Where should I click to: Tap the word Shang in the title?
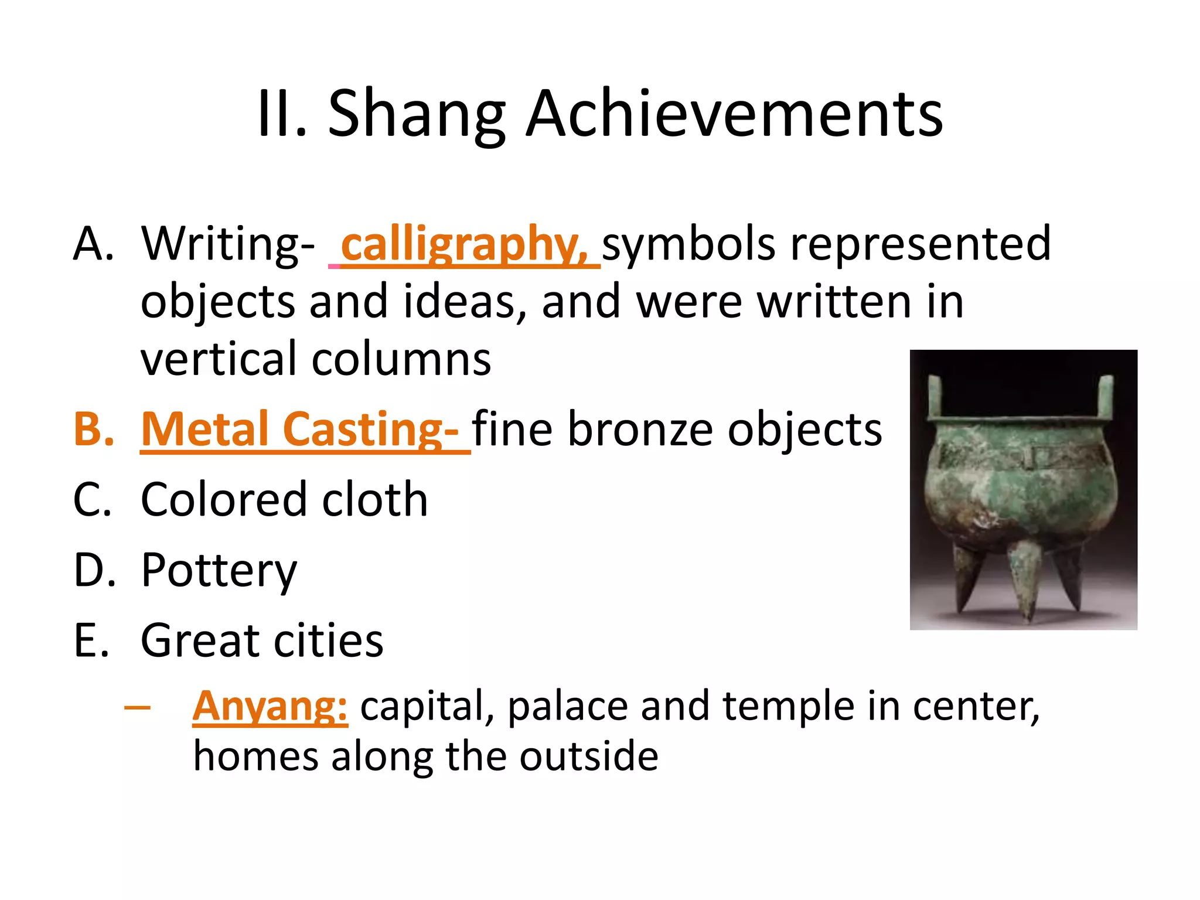416,115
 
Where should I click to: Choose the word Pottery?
219,571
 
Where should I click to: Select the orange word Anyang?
270,706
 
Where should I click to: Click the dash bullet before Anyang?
137,707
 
